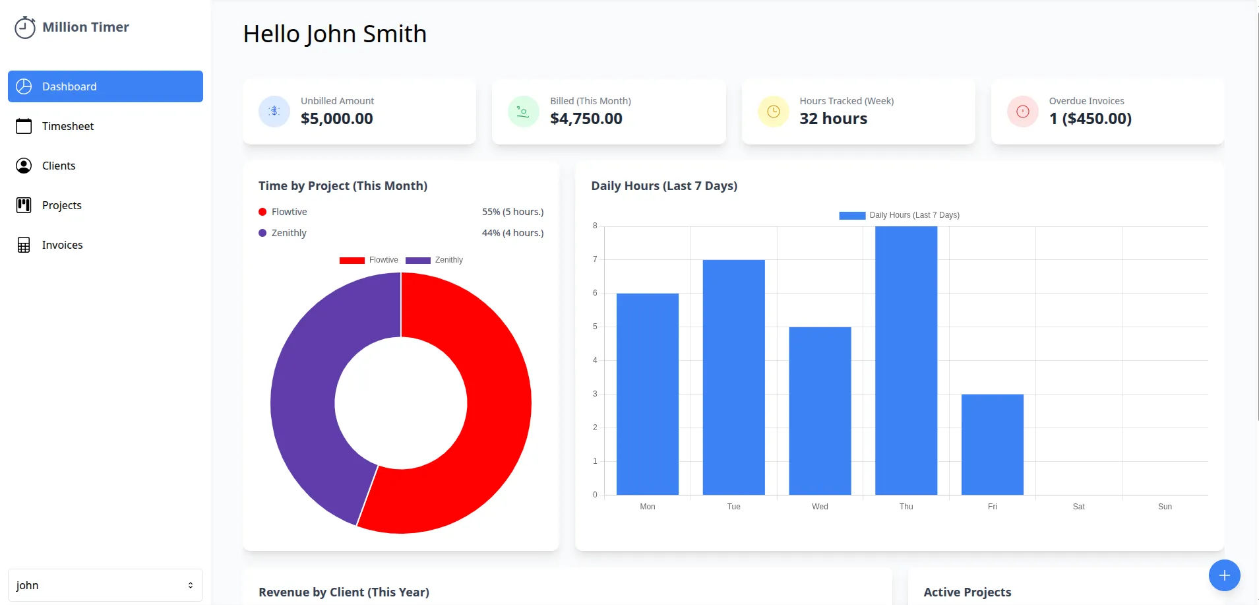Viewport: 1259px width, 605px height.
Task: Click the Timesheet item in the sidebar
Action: click(67, 126)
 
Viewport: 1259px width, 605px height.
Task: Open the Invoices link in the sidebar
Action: click(62, 245)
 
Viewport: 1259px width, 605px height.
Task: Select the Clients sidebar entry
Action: click(58, 166)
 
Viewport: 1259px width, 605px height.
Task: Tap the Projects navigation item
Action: click(61, 205)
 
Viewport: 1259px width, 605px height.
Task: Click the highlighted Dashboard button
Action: click(106, 86)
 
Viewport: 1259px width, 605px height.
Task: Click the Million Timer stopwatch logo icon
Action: click(25, 28)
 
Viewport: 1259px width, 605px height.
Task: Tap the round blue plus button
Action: click(1224, 575)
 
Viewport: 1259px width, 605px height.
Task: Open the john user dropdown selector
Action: click(106, 585)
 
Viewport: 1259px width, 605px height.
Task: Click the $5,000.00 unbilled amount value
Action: click(336, 119)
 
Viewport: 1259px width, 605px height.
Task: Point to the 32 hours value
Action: click(833, 119)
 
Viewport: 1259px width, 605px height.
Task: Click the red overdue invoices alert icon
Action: click(1022, 111)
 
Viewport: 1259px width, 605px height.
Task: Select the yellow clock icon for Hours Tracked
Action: click(773, 111)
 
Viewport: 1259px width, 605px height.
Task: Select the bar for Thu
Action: click(906, 360)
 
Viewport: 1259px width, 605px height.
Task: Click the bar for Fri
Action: click(992, 444)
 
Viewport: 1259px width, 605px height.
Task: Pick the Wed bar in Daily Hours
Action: click(820, 410)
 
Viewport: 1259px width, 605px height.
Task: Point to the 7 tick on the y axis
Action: click(595, 259)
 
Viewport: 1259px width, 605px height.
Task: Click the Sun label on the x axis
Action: click(1165, 507)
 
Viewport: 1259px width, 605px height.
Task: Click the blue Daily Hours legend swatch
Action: click(851, 215)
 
